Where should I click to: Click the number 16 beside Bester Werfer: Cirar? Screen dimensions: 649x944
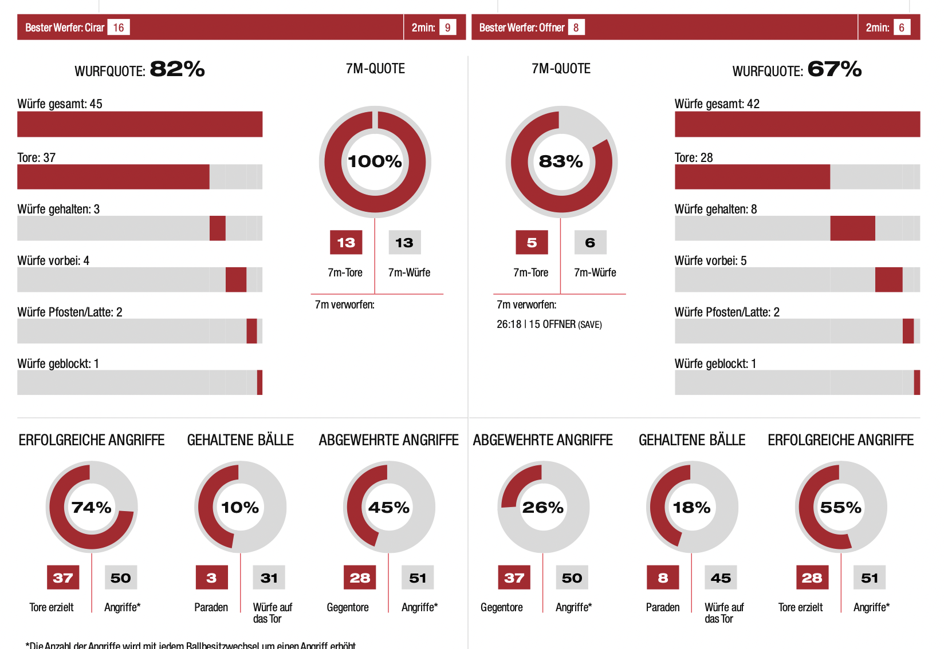coord(119,27)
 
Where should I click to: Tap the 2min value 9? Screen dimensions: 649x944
coord(447,27)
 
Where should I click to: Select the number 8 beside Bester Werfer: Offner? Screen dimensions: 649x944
coord(576,27)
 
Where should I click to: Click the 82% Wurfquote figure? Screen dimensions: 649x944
coord(177,69)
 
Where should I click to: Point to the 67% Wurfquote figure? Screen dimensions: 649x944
coord(834,69)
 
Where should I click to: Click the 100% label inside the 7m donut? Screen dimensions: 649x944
coord(375,161)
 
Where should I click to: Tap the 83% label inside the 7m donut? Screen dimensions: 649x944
coord(561,161)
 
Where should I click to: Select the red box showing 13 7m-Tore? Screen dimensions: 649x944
coord(346,243)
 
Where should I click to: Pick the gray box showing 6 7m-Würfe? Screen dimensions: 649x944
coord(590,243)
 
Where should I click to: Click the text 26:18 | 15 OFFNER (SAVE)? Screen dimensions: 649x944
coord(549,325)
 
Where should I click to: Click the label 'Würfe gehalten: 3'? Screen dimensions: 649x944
coord(58,209)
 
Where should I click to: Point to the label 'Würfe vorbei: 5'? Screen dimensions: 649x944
coord(710,261)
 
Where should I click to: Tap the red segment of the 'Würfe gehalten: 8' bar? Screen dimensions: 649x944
coord(852,228)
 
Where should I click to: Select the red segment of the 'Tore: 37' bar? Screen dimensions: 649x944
coord(113,177)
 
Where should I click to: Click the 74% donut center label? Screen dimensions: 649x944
coord(92,508)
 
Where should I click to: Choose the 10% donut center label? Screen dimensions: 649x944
coord(240,508)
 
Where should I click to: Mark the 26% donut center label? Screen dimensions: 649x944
coord(542,508)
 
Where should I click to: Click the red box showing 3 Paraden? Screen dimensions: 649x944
coord(211,578)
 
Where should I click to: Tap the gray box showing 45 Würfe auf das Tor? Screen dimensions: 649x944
coord(721,578)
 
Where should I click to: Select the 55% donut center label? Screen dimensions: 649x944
coord(840,508)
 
